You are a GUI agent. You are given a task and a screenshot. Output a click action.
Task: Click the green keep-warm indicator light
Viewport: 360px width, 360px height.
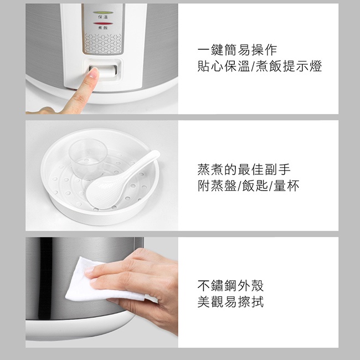[x=103, y=12]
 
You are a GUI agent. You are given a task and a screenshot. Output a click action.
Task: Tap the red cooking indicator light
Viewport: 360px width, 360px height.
[x=103, y=23]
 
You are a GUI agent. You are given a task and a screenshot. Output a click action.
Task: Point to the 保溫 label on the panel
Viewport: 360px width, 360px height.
[x=103, y=17]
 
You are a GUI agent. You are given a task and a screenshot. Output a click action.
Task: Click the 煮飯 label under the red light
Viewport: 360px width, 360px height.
[x=103, y=28]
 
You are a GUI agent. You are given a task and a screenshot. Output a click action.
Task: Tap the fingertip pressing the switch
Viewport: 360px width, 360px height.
[x=94, y=73]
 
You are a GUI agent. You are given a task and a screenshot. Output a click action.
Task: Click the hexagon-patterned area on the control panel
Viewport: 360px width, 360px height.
[x=103, y=44]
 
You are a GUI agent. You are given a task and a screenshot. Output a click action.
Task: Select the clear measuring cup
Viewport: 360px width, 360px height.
[x=88, y=158]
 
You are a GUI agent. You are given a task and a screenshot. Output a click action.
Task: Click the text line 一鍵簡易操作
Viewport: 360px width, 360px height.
[x=238, y=50]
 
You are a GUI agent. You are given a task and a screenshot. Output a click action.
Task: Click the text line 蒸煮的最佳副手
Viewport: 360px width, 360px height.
[x=244, y=169]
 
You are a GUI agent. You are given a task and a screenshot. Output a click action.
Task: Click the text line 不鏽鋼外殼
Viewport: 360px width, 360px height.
[x=230, y=286]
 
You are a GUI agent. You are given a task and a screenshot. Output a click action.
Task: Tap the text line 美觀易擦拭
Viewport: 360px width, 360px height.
[x=230, y=302]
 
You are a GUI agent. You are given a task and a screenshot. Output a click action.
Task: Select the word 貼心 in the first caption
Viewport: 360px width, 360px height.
[x=210, y=66]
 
